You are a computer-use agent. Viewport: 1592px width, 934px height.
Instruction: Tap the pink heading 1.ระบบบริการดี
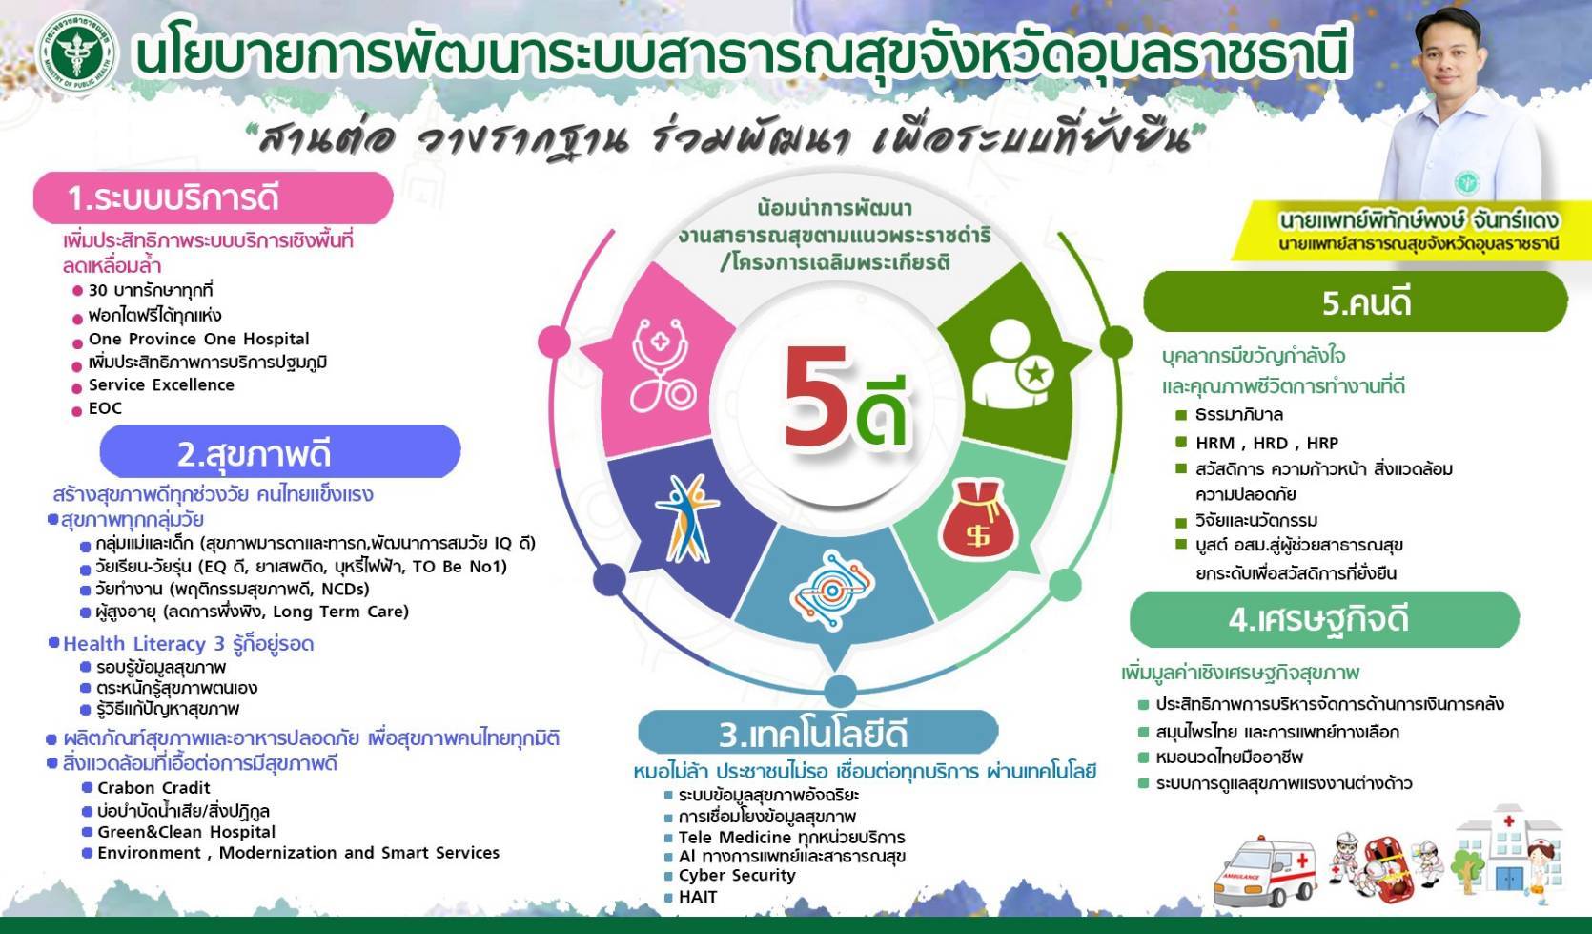click(213, 198)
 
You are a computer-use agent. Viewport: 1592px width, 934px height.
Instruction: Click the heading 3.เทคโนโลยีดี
click(816, 734)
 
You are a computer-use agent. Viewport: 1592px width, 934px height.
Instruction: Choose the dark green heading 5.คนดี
click(1355, 302)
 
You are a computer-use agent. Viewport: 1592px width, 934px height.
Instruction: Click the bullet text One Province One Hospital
click(198, 339)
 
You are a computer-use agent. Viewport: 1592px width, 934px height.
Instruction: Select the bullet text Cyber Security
click(736, 875)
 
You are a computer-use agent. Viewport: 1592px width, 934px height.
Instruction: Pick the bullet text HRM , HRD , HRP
click(1267, 443)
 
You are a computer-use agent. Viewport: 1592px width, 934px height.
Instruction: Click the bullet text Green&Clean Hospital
click(186, 832)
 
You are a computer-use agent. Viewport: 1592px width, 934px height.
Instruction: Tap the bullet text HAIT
click(697, 897)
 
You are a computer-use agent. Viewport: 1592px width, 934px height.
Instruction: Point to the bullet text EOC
click(105, 408)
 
